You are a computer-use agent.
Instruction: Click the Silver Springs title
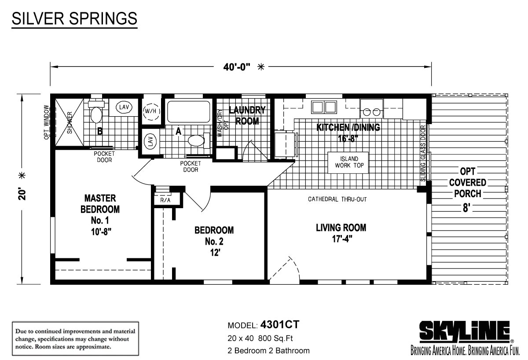(x=74, y=18)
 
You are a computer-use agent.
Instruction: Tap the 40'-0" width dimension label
(x=237, y=67)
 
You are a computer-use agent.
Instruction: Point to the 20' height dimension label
(x=22, y=194)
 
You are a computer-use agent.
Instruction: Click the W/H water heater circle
(x=151, y=111)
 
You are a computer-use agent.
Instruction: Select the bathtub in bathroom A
(x=189, y=111)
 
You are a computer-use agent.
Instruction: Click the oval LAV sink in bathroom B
(x=124, y=107)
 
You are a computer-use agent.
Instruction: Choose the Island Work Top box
(x=348, y=163)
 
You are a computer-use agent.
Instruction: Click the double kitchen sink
(x=324, y=107)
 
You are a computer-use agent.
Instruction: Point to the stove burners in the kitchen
(x=371, y=112)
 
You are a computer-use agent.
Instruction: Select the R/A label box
(x=165, y=200)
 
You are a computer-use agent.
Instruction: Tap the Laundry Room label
(x=247, y=115)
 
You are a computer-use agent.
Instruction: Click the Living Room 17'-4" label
(x=341, y=233)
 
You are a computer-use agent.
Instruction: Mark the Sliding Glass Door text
(x=423, y=154)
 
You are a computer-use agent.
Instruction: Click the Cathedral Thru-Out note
(x=337, y=199)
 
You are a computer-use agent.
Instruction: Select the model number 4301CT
(x=280, y=325)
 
